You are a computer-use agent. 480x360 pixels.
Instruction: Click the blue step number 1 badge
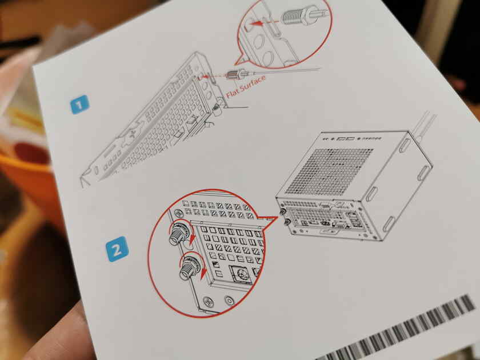coord(79,105)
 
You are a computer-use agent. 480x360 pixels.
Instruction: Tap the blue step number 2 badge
coord(117,250)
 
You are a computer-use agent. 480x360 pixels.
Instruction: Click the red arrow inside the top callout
coord(265,25)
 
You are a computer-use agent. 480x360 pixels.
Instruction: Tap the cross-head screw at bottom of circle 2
coord(209,303)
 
